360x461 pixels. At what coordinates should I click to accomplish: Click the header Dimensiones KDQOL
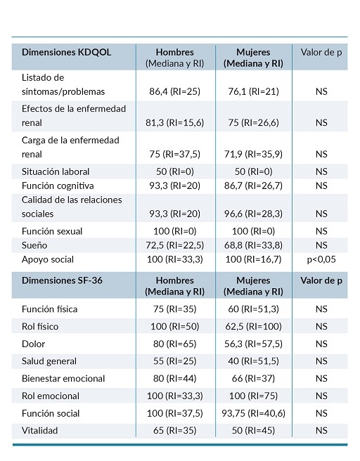[67, 52]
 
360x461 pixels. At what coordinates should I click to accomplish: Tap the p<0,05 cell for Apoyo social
[321, 259]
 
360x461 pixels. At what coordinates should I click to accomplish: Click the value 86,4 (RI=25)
[175, 91]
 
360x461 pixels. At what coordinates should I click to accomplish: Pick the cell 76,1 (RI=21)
[254, 91]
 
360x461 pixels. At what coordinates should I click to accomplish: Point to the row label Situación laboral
[56, 171]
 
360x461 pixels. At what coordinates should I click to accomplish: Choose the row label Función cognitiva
[58, 186]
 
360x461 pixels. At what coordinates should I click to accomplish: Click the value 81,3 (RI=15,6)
[175, 122]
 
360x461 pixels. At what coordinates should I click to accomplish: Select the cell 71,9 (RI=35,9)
[254, 154]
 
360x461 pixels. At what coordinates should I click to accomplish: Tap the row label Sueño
[36, 245]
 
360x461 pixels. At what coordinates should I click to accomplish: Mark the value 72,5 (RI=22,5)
[175, 245]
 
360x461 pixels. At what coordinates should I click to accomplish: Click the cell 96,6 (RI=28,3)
[254, 214]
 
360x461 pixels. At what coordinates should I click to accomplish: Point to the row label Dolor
[34, 344]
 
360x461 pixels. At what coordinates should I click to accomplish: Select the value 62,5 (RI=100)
[254, 326]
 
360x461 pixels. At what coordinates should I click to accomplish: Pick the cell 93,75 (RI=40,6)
[254, 413]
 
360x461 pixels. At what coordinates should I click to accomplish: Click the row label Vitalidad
[40, 430]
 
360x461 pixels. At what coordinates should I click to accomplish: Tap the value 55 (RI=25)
[175, 361]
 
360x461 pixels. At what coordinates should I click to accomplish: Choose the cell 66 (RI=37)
[254, 379]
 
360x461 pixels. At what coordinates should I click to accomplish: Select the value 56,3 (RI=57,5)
[254, 344]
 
